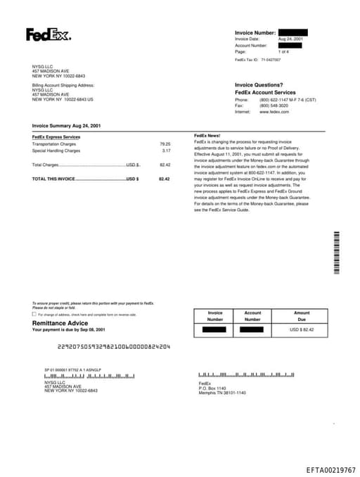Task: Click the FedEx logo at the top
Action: (49, 34)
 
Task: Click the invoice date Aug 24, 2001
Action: (290, 39)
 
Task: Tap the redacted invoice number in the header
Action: (292, 32)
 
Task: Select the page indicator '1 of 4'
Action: (283, 51)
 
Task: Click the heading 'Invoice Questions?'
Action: (259, 85)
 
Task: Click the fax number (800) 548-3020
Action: (274, 106)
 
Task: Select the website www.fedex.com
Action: (274, 112)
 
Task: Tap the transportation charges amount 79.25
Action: (165, 144)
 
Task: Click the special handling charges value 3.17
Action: (166, 151)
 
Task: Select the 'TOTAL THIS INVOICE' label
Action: (53, 179)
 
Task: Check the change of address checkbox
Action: (34, 314)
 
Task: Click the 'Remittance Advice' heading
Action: (60, 323)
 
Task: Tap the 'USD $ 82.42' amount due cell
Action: (302, 329)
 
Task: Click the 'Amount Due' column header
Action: (302, 316)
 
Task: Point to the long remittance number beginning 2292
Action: (113, 347)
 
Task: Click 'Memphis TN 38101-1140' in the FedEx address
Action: (222, 393)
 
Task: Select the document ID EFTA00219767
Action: (330, 469)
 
